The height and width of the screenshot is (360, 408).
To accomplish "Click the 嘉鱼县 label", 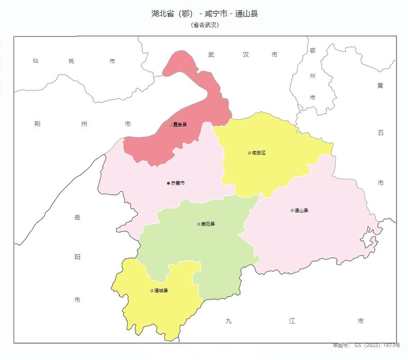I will coord(180,125).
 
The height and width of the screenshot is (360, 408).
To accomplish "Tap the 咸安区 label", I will coord(259,153).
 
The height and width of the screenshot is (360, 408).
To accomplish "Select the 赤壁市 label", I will coord(178,183).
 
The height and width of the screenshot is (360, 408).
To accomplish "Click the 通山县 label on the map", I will coord(301,210).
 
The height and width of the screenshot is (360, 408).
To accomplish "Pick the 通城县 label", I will coord(161,290).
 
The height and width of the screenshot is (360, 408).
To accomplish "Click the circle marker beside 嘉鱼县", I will coord(171,125).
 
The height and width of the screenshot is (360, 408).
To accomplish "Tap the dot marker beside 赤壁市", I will coord(169,183).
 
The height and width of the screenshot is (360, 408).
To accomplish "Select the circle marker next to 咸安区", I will coord(249,153).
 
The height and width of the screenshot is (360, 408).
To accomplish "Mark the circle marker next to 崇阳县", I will coord(199,224).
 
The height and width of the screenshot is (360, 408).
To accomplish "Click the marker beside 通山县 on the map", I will coord(292,210).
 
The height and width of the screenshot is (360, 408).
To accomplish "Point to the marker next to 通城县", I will coord(152,290).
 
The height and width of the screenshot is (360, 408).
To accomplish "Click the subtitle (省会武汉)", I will coord(205,25).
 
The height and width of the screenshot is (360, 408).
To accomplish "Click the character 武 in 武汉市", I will coord(212,55).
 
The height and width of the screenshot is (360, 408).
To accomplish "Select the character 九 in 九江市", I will coord(228,321).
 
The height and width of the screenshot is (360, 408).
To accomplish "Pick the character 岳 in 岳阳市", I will coord(77,218).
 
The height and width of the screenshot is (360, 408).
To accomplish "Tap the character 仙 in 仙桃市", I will coord(35,61).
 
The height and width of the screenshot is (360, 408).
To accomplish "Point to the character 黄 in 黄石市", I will coord(380,86).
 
